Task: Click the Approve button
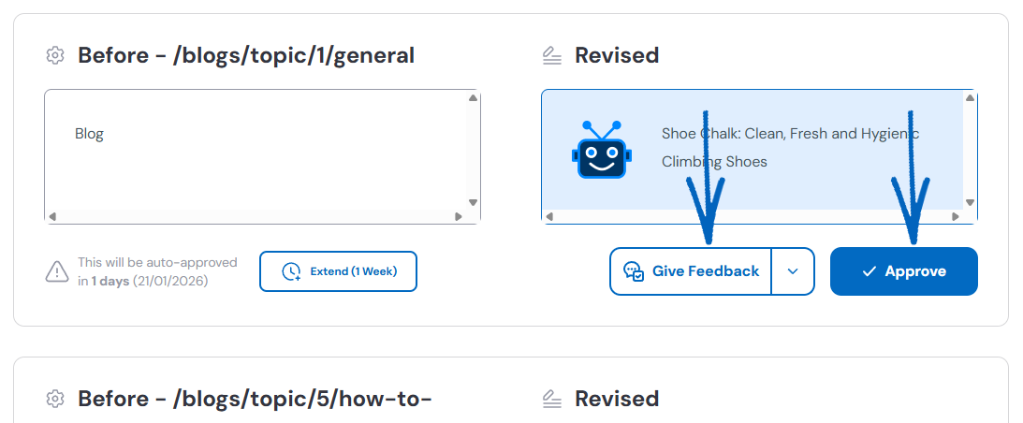tap(903, 271)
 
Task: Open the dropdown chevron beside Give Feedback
tap(793, 271)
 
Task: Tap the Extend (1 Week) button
tap(338, 271)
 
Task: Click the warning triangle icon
tap(57, 272)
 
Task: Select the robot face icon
tap(599, 150)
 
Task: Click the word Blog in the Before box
tap(89, 134)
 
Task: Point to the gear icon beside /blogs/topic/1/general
tap(55, 56)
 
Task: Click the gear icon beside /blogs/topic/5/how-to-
tap(55, 400)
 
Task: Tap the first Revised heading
tap(616, 56)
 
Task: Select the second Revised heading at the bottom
tap(616, 400)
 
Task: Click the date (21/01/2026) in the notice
tap(169, 281)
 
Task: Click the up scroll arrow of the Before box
tap(474, 97)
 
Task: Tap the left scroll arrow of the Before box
tap(52, 216)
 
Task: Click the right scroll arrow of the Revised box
tap(956, 216)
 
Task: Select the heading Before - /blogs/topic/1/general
tap(245, 56)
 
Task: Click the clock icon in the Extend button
tap(291, 272)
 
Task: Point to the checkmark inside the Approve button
tap(870, 271)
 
